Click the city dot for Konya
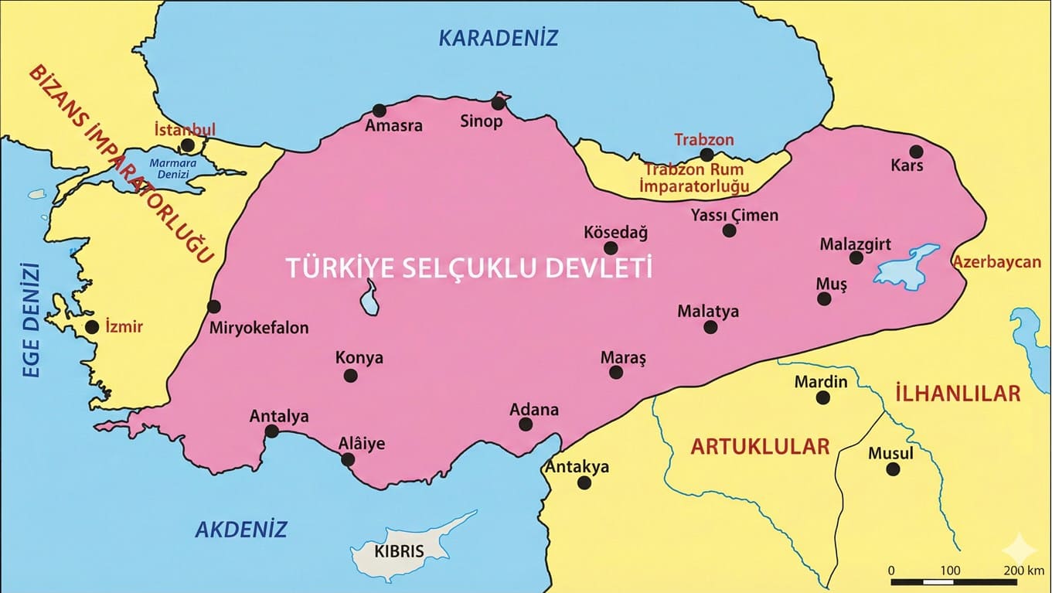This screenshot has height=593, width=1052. [x=350, y=376]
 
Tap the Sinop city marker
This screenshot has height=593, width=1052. [x=498, y=103]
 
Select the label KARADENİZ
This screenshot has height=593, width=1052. [x=498, y=38]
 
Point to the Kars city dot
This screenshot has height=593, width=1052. [x=916, y=152]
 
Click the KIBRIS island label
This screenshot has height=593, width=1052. [x=399, y=552]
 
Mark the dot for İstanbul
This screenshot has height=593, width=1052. [x=187, y=145]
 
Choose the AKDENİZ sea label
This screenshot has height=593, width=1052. [x=240, y=530]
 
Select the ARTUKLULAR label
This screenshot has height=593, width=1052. [x=760, y=446]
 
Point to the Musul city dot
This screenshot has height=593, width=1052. [x=893, y=469]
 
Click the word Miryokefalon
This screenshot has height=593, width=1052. [x=259, y=328]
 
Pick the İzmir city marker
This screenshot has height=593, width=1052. [x=92, y=327]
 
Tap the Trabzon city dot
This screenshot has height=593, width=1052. [x=706, y=155]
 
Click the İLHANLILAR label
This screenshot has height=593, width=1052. [x=957, y=393]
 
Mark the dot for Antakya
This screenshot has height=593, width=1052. [x=584, y=482]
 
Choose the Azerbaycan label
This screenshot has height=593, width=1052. [x=996, y=262]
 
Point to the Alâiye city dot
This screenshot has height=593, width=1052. [x=348, y=459]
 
